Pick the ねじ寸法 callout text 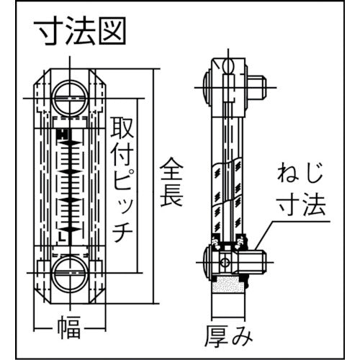pos(302,190)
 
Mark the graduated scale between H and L pos(70,184)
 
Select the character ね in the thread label pos(289,174)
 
